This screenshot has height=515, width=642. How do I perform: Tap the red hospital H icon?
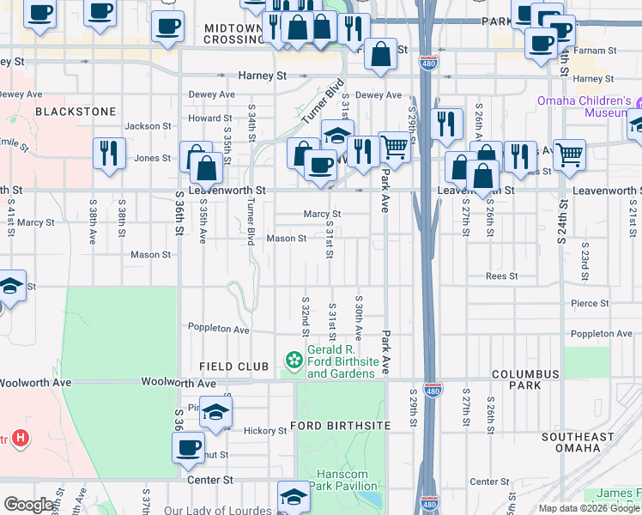click(21, 439)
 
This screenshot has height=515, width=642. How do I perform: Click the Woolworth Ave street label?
click(178, 381)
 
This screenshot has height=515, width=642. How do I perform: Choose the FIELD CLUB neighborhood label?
click(234, 367)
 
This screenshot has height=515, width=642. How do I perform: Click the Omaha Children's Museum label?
click(584, 106)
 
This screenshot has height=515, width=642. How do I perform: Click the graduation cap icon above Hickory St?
click(216, 412)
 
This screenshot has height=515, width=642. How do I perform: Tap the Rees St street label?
click(501, 276)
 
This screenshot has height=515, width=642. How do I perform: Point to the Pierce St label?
click(591, 303)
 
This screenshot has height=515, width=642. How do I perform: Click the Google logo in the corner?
click(29, 505)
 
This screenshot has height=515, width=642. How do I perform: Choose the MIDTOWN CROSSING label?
click(233, 33)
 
